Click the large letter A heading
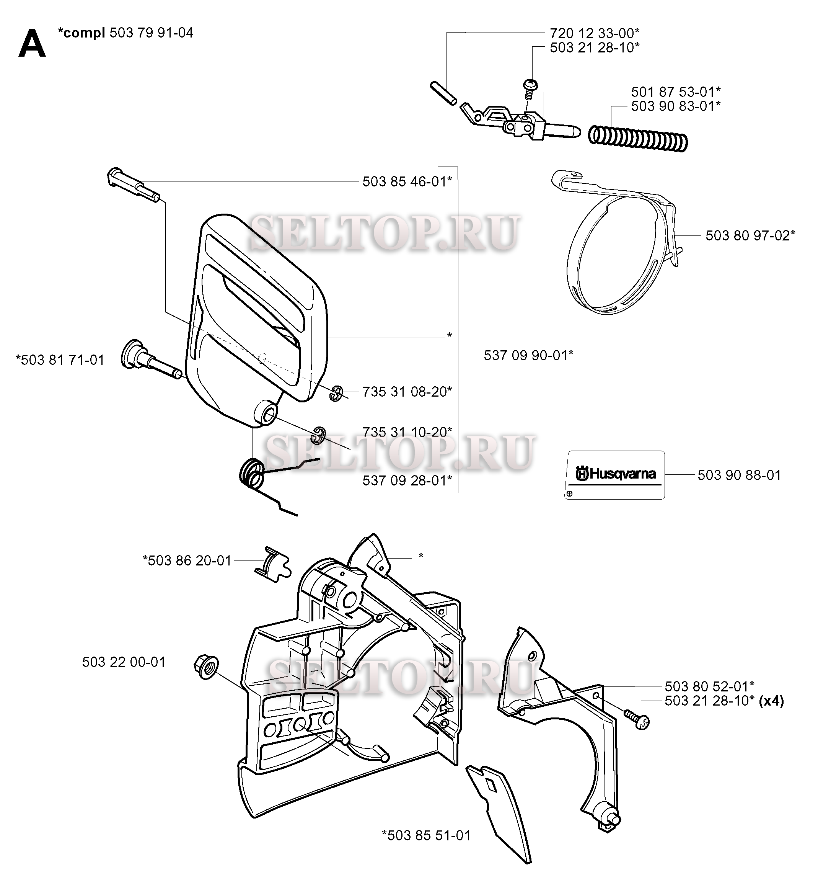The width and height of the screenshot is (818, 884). [32, 44]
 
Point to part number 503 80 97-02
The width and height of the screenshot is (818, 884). [750, 235]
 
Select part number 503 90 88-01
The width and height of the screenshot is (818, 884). [739, 475]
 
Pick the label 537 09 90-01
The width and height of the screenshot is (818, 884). [528, 355]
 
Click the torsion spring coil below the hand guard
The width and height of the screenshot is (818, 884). [252, 474]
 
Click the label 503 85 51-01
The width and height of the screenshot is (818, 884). [426, 835]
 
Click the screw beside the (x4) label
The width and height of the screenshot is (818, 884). [637, 720]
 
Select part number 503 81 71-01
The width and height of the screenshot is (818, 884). [60, 360]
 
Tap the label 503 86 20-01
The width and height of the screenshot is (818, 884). [187, 561]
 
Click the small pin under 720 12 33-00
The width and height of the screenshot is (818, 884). [443, 93]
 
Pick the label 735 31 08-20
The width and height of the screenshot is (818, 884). [407, 392]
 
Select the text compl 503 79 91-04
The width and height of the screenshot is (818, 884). [126, 33]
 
